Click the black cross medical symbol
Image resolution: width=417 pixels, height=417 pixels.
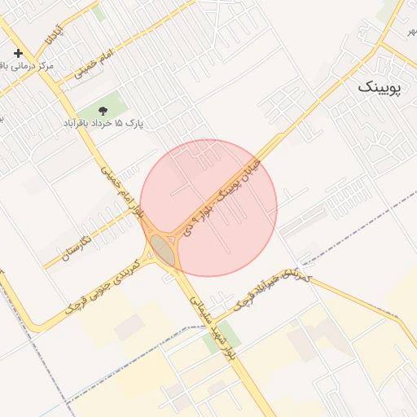[19, 53]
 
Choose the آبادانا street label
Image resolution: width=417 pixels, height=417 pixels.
[54, 29]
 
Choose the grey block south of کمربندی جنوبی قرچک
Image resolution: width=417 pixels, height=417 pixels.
[128, 328]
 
